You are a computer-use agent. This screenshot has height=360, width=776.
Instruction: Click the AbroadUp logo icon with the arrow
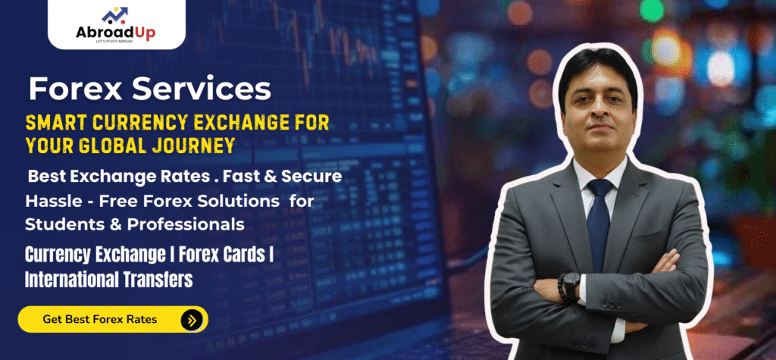tap(115, 16)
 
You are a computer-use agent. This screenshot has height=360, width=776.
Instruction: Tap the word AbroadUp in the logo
tap(115, 33)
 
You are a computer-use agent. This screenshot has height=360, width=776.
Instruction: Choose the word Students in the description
tap(63, 224)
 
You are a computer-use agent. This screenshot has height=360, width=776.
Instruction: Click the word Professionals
tap(186, 224)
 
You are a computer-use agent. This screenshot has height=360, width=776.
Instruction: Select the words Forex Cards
tap(222, 255)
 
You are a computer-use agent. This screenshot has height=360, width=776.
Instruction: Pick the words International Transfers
tap(109, 280)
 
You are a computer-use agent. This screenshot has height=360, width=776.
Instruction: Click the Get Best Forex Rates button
tap(113, 319)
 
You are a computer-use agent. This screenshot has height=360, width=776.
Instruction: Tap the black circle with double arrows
tap(192, 320)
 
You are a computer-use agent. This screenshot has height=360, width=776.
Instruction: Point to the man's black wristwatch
tap(571, 286)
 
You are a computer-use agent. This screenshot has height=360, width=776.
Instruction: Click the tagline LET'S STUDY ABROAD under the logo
tap(115, 42)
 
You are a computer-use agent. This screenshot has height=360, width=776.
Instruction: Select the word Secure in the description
tap(310, 177)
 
